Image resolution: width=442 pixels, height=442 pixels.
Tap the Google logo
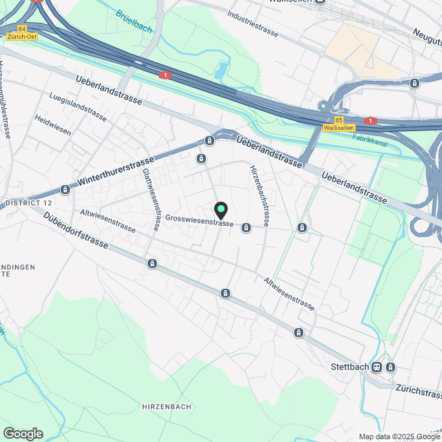click(23, 433)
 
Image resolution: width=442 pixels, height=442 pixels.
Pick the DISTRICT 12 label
click(28, 203)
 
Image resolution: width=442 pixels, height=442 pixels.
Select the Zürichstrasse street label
click(419, 392)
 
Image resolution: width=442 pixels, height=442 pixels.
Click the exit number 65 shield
click(329, 119)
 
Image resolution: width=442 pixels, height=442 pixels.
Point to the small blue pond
click(220, 70)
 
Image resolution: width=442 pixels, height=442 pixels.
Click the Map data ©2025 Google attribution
click(398, 436)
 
